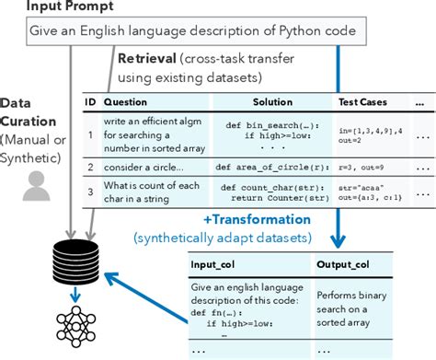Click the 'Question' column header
click(124, 102)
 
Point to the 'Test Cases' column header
click(361, 102)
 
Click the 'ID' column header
click(88, 102)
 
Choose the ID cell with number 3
click(88, 193)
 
